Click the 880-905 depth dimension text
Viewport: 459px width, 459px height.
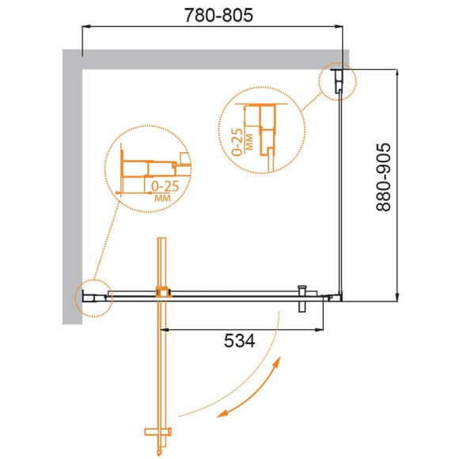(x=385, y=177)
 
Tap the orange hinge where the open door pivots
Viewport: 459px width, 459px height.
(x=163, y=293)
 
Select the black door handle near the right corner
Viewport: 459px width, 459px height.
(x=301, y=298)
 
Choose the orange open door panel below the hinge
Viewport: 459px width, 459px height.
(x=163, y=364)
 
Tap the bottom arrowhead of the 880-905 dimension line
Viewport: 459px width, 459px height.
(x=397, y=298)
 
